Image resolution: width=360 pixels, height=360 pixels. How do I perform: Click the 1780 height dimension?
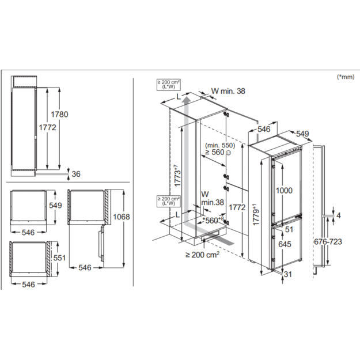pyautogui.click(x=59, y=114)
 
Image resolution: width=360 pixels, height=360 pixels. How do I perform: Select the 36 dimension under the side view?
pyautogui.click(x=76, y=174)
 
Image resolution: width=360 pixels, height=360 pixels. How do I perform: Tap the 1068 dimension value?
pyautogui.click(x=121, y=217)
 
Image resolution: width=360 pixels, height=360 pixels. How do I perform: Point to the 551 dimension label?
pyautogui.click(x=59, y=258)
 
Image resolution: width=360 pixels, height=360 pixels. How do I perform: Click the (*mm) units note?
pyautogui.click(x=346, y=77)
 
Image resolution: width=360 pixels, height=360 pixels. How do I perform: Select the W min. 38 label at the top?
pyautogui.click(x=228, y=91)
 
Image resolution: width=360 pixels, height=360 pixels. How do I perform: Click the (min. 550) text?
pyautogui.click(x=220, y=145)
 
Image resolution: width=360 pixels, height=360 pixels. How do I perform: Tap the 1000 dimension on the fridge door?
pyautogui.click(x=284, y=190)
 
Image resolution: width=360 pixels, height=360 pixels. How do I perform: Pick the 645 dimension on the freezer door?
pyautogui.click(x=285, y=244)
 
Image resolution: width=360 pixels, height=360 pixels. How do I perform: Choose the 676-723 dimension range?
pyautogui.click(x=328, y=241)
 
